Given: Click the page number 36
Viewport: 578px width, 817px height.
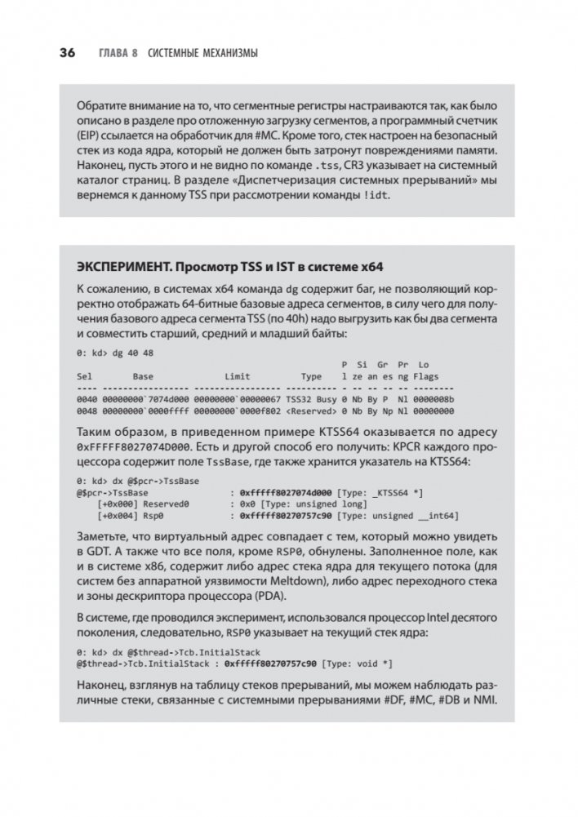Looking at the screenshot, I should pos(65,54).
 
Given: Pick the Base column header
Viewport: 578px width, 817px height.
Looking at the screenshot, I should pos(144,377).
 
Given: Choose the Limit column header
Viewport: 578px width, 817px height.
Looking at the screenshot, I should pos(238,377).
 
